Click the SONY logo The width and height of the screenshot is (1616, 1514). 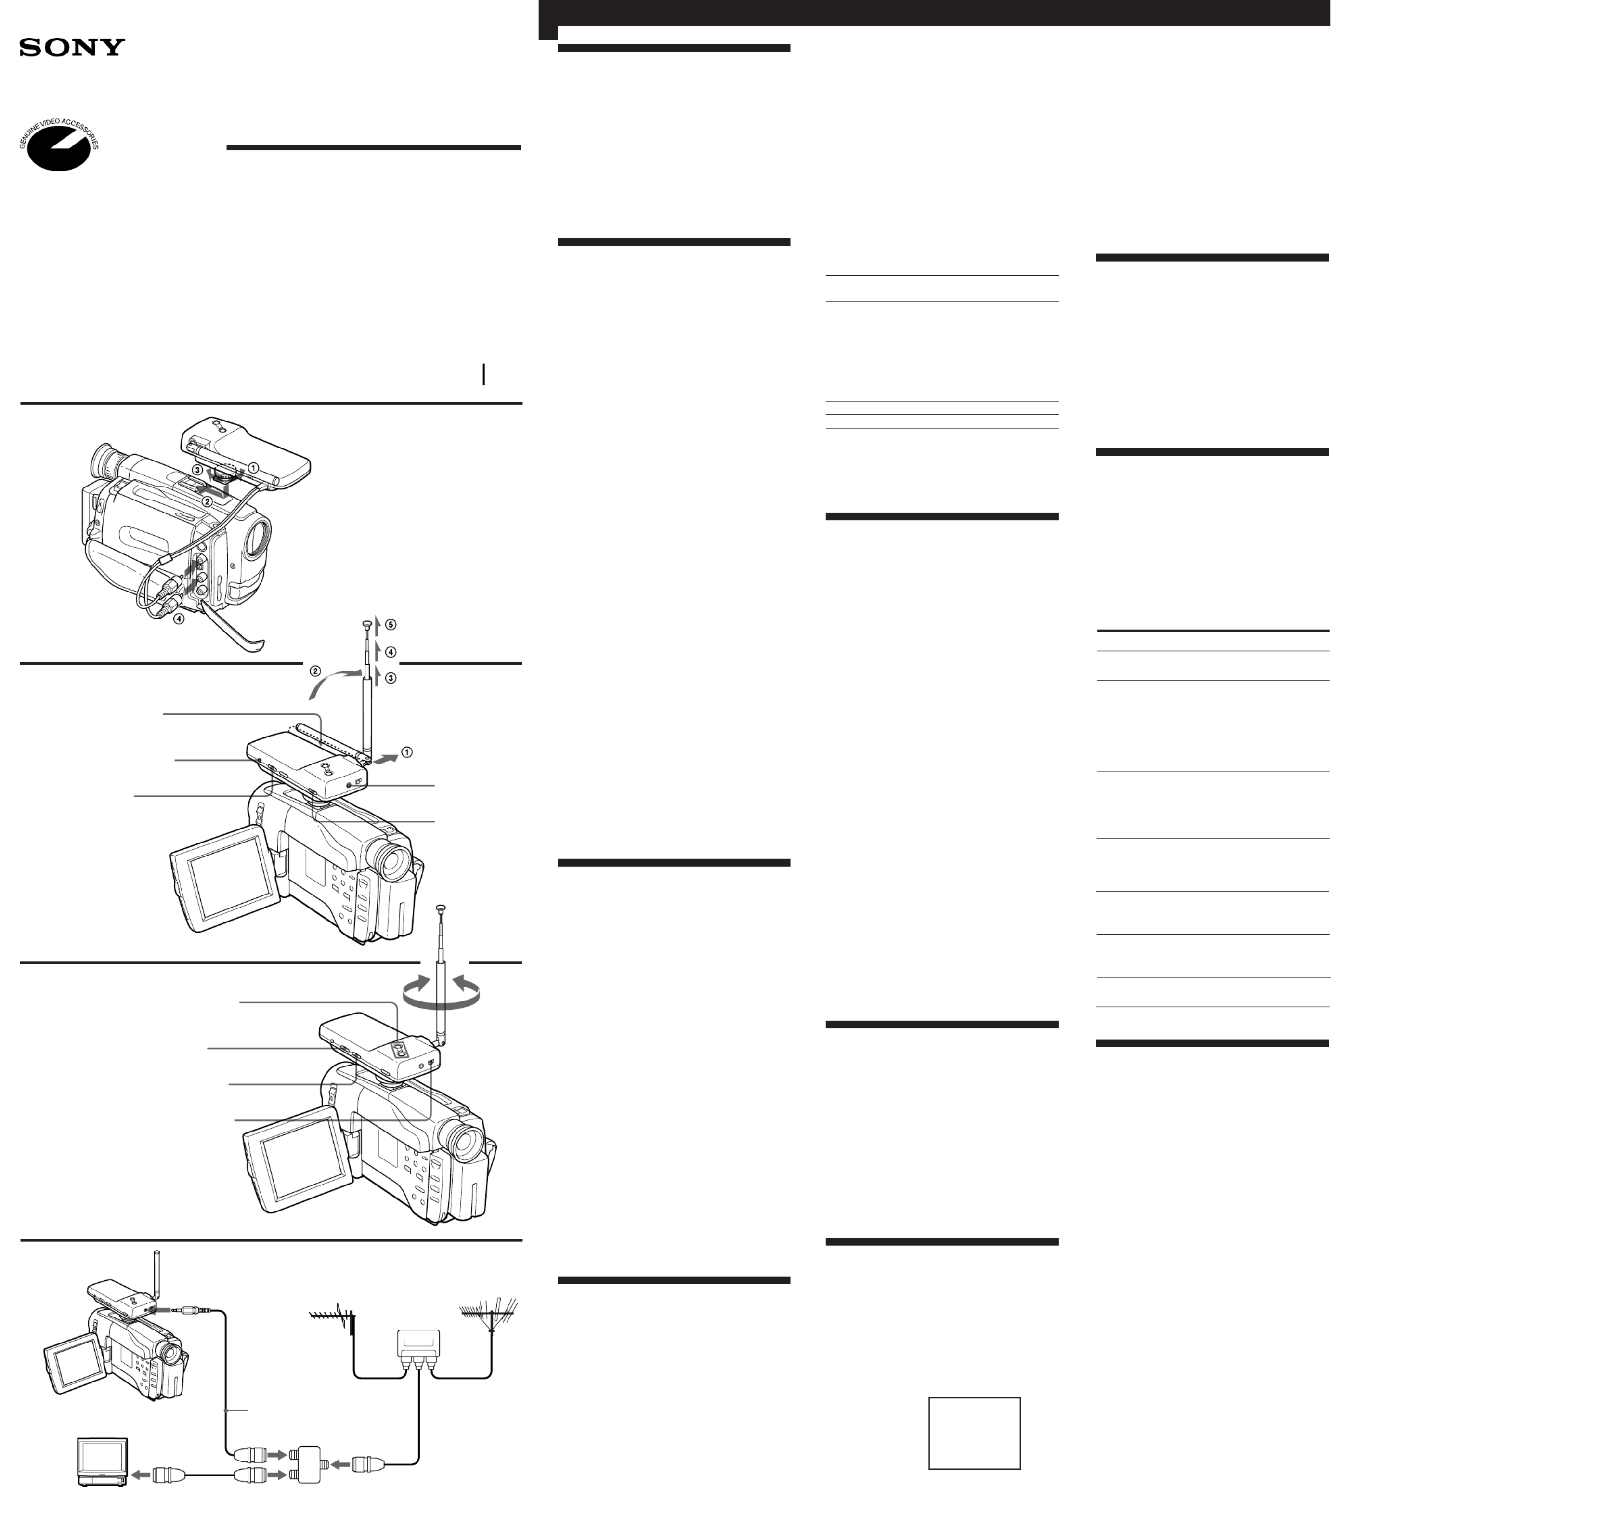point(72,47)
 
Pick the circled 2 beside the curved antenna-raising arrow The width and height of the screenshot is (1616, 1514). point(315,671)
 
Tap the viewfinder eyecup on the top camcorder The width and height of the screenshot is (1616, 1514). point(103,462)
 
